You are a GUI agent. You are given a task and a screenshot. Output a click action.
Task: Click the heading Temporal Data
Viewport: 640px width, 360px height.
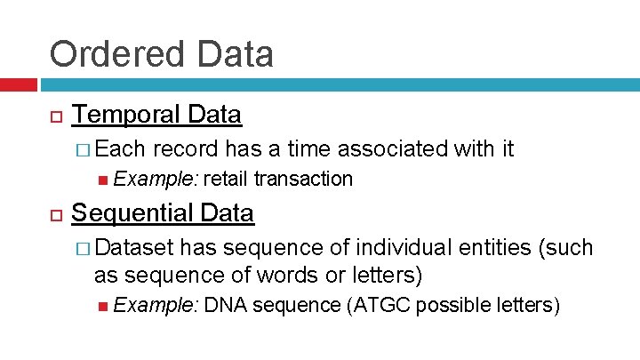click(156, 115)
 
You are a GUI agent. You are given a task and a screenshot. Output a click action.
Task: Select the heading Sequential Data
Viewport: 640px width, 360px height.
click(162, 213)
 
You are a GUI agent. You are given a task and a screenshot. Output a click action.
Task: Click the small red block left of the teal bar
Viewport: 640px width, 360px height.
click(18, 85)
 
